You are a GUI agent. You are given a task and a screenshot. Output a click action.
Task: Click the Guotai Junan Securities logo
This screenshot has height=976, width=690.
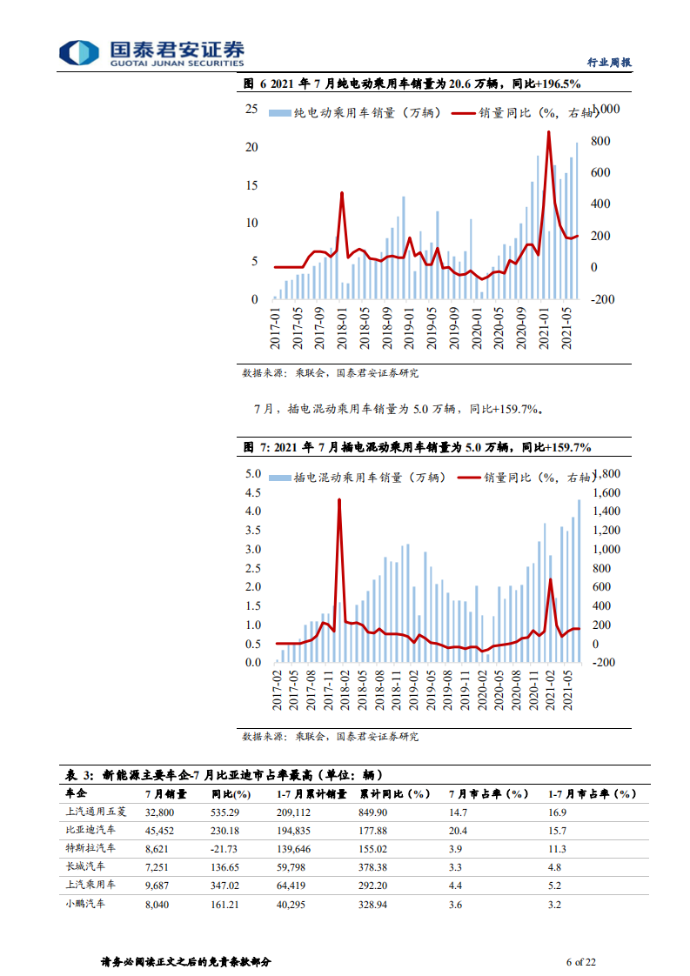tap(151, 52)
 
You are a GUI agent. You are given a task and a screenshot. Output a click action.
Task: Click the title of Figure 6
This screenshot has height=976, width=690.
tap(412, 84)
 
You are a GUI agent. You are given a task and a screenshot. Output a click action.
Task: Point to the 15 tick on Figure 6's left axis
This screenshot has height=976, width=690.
tap(251, 185)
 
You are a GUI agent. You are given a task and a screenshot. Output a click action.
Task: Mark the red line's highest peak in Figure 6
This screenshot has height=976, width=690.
tap(548, 132)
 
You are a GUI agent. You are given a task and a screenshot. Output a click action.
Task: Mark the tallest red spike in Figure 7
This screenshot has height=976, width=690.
tap(338, 499)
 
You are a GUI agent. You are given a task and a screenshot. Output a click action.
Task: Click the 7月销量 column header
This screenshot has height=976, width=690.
tap(165, 793)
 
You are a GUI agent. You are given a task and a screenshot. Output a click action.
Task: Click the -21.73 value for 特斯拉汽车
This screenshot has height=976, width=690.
tap(226, 848)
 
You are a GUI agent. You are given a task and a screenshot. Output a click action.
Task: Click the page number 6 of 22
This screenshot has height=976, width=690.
tap(580, 962)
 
